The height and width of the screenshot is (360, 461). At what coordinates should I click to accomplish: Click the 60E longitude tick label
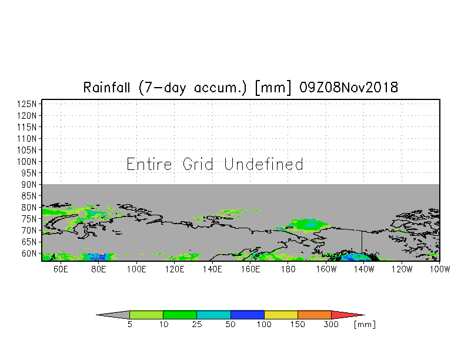click(61, 269)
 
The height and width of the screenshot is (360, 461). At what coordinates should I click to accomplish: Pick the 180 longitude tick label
click(288, 269)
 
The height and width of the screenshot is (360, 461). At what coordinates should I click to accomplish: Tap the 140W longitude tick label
click(364, 269)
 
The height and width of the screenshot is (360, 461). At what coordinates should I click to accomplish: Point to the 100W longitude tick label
click(440, 269)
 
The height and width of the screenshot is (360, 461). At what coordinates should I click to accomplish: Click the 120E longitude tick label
click(175, 269)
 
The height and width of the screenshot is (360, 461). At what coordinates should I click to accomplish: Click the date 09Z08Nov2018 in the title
click(349, 88)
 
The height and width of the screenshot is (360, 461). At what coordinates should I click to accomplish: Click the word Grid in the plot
click(198, 164)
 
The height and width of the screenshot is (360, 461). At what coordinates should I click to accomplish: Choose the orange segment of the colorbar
click(315, 315)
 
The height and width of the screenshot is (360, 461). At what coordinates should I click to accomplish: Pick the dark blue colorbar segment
click(248, 315)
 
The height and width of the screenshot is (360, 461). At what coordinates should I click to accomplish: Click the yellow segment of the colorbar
click(281, 315)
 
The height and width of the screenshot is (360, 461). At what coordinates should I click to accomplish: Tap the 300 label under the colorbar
click(332, 325)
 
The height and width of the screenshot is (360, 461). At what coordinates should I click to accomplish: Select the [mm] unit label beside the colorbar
click(365, 325)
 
